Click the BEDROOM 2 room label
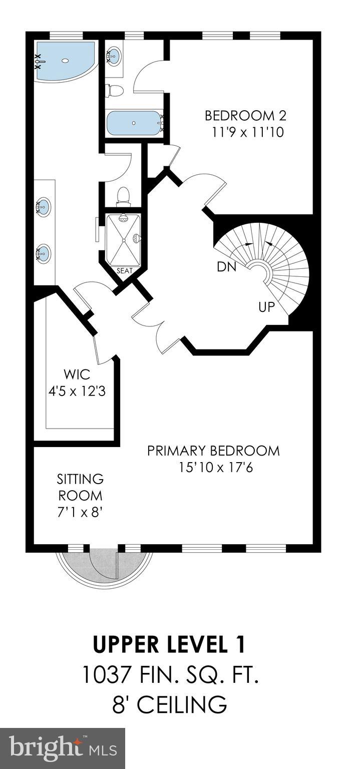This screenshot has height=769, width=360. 245,116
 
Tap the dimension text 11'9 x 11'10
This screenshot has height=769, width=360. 245,133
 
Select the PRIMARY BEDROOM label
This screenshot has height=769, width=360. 213,450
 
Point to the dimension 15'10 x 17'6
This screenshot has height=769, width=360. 214,468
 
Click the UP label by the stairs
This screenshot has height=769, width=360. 266,306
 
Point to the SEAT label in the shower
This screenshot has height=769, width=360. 124,271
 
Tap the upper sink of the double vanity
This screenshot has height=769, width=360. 44,205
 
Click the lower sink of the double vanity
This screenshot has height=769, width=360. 44,253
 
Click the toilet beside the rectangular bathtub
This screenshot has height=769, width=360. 115,91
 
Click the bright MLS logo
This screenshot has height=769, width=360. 62,748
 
